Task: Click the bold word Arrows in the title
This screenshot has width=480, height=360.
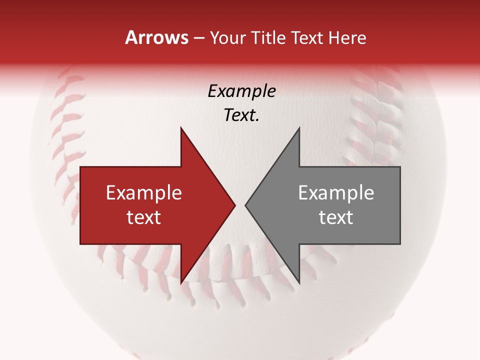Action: (156, 37)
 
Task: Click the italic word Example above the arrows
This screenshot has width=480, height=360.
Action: (241, 91)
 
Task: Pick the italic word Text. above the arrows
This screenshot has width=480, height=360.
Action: (241, 115)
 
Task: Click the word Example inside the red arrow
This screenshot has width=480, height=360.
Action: (144, 193)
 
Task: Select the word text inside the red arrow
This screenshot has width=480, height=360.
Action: (144, 217)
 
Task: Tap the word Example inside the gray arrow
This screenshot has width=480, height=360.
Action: (336, 193)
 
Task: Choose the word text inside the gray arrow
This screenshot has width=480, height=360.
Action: (336, 217)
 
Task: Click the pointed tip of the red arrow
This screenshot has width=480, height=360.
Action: (234, 205)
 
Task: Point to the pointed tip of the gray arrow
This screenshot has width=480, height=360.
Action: (245, 205)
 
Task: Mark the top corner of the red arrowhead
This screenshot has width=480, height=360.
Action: (181, 128)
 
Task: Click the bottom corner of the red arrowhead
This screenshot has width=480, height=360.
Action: (181, 283)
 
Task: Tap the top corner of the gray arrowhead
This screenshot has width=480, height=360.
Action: (299, 128)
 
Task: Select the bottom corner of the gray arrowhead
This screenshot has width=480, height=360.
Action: (299, 283)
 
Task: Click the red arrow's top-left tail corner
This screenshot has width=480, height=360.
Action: (80, 167)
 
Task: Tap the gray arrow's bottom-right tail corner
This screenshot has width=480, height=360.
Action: (400, 244)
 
